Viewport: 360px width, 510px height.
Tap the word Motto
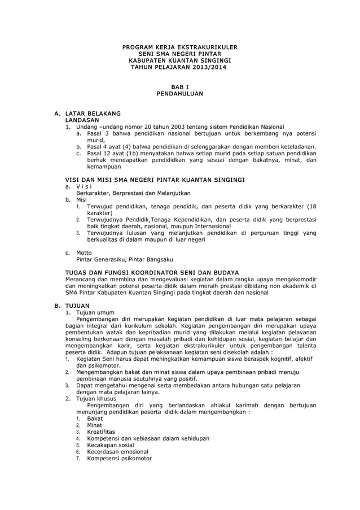point(84,252)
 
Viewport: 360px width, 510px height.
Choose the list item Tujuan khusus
point(96,398)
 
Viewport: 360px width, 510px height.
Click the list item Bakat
point(95,419)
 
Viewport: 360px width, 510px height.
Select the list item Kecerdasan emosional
point(117,452)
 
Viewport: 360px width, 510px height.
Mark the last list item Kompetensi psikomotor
point(119,459)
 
